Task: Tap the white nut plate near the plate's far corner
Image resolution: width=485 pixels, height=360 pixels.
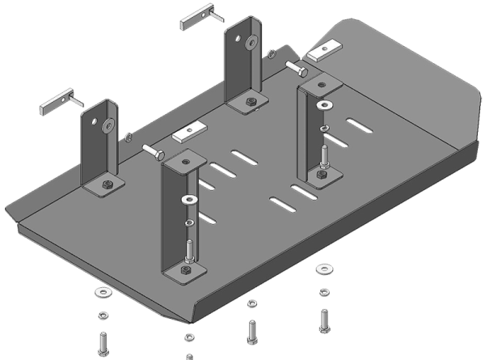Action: [324, 51]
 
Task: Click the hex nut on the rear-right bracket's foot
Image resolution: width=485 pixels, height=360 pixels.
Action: [250, 102]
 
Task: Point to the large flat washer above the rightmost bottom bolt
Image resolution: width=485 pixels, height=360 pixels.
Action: [323, 268]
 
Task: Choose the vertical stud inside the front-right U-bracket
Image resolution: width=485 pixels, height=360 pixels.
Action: [322, 153]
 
